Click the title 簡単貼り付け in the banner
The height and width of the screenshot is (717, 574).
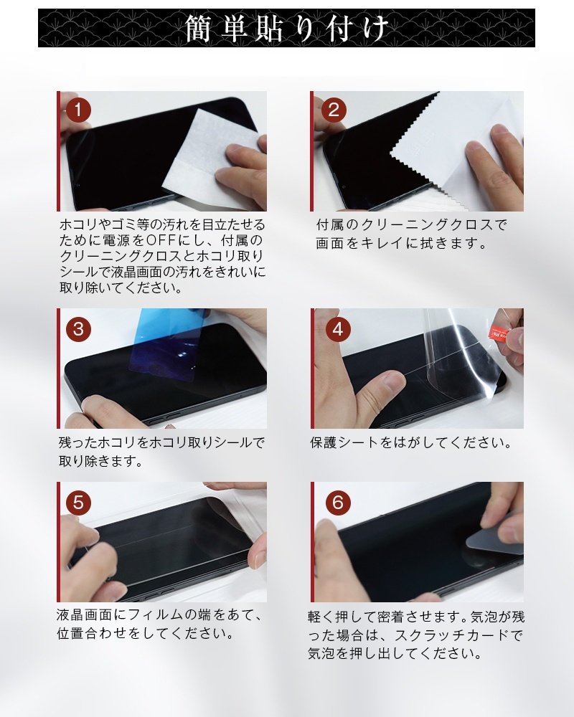pyautogui.click(x=287, y=29)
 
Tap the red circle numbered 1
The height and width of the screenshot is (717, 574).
pyautogui.click(x=78, y=110)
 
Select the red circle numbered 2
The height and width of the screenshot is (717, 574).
pyautogui.click(x=332, y=110)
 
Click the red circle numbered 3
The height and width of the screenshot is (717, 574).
pyautogui.click(x=78, y=329)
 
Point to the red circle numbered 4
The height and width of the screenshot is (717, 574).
pyautogui.click(x=337, y=329)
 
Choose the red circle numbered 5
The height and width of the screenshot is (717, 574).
pyautogui.click(x=78, y=503)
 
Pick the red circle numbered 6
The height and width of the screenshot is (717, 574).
pyautogui.click(x=337, y=503)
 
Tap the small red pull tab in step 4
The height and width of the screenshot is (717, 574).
pyautogui.click(x=498, y=332)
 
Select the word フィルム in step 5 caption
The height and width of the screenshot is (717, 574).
pyautogui.click(x=184, y=616)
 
